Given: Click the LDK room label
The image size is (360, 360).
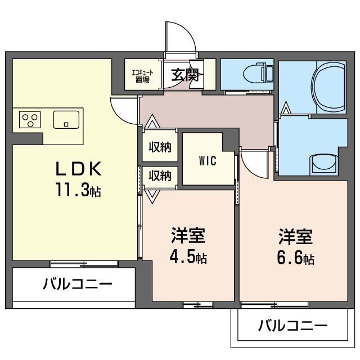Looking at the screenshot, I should (x=78, y=168).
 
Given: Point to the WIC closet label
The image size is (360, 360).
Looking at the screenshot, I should (x=207, y=159).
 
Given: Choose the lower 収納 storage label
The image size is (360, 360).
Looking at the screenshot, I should (x=160, y=175).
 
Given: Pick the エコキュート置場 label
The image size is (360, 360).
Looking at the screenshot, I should (x=142, y=75).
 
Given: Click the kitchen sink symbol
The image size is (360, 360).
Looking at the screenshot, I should (x=66, y=120).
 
